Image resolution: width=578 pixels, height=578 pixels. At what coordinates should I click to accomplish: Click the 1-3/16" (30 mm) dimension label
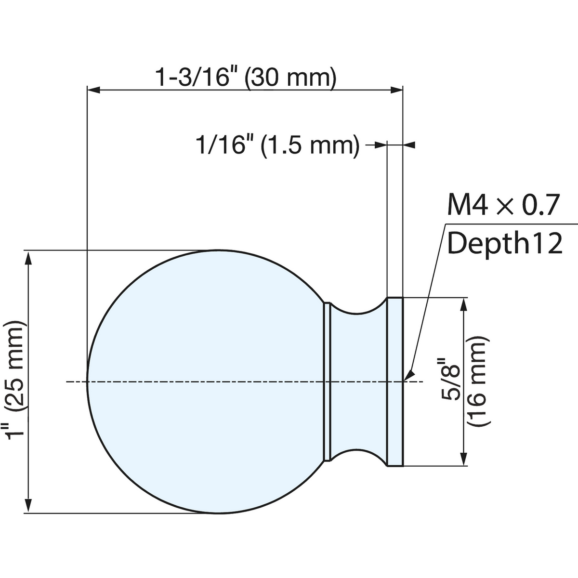click(246, 78)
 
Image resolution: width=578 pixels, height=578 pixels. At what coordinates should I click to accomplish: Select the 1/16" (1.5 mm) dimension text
click(277, 145)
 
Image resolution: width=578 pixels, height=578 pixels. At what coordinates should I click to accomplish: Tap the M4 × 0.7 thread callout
click(503, 205)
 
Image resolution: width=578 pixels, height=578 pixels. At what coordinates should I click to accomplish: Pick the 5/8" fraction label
click(450, 378)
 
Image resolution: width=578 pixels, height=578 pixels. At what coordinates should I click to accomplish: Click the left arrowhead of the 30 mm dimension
click(93, 90)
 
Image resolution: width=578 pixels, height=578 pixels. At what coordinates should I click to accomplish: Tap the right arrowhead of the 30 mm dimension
click(396, 90)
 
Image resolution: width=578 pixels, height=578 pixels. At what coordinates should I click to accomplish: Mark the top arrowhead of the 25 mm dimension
click(28, 258)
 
